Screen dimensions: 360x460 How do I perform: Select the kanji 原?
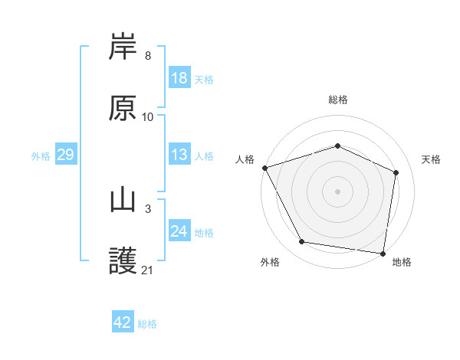point(123,108)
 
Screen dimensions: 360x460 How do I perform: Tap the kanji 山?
point(123,201)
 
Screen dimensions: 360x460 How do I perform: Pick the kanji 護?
point(123,261)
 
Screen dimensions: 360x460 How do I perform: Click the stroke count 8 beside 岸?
point(147,56)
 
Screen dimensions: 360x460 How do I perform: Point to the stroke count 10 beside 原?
point(148,117)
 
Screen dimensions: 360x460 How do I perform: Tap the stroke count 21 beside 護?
point(148,270)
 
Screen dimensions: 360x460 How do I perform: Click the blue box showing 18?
point(179,78)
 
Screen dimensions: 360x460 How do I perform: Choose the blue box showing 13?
point(179,155)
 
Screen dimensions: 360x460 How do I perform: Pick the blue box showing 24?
point(179,231)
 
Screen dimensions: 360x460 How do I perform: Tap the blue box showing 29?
point(65,155)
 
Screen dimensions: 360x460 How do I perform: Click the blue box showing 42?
point(123,322)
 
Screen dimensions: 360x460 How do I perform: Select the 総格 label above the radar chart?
point(338,100)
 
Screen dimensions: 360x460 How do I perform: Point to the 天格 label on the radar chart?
point(431,159)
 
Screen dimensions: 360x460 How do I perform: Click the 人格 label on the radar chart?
point(245,159)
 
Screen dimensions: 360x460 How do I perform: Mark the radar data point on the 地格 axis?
point(383,253)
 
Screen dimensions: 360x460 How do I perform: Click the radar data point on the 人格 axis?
point(264,168)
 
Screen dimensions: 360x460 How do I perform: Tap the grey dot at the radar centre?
point(338,191)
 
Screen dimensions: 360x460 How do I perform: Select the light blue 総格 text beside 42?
point(147,323)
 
